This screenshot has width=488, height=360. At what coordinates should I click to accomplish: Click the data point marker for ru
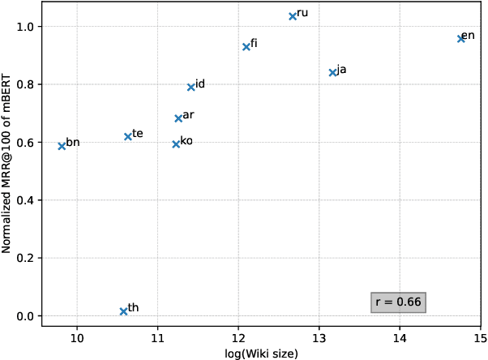click(293, 16)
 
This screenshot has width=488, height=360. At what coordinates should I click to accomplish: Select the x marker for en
click(460, 38)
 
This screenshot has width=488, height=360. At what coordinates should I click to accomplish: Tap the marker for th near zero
click(123, 311)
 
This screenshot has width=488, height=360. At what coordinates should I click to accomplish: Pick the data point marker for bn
click(62, 146)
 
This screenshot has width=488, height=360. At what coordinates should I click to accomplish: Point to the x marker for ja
click(332, 72)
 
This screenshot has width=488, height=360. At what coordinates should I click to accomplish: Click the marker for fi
click(246, 47)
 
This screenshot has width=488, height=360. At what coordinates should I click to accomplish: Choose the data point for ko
click(176, 144)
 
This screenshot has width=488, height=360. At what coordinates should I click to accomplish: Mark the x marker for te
click(128, 136)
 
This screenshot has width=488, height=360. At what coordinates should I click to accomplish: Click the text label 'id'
click(200, 84)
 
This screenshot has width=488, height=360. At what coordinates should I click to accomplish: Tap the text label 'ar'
click(188, 115)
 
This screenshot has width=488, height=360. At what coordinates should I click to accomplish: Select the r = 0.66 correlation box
click(398, 302)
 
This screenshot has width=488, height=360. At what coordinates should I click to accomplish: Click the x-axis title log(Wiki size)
click(261, 353)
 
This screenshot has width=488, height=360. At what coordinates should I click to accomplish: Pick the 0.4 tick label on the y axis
click(27, 200)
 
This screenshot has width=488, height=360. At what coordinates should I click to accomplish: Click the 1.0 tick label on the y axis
click(27, 27)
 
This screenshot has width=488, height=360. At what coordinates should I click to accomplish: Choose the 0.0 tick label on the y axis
click(27, 316)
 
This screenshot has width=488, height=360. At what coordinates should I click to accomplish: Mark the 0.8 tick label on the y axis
click(27, 84)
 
